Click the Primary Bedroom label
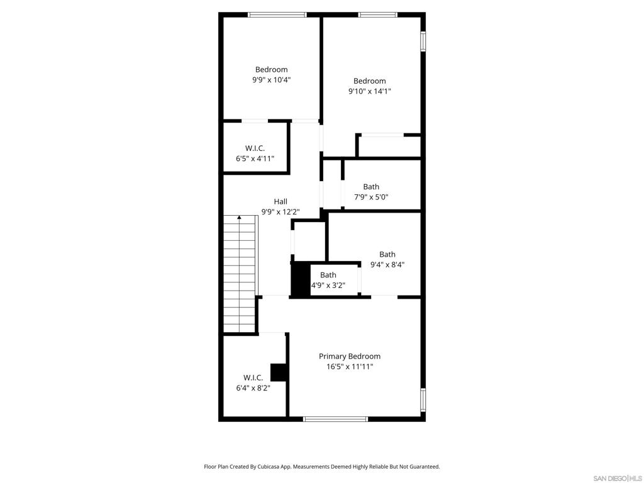tap(350, 356)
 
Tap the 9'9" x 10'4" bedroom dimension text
tap(272, 80)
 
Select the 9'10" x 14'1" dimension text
tap(370, 91)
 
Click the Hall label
tap(280, 201)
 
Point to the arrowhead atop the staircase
tap(239, 217)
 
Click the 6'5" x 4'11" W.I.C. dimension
tap(255, 158)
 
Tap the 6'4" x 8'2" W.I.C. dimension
tap(253, 387)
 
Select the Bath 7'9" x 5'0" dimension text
tap(371, 197)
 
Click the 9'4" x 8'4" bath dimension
tap(387, 265)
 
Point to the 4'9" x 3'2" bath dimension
tap(328, 285)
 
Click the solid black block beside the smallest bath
tap(300, 279)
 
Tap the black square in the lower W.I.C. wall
tap(279, 372)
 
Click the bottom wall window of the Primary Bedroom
tap(335, 419)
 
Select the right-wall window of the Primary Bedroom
tap(423, 399)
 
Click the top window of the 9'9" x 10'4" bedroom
tap(277, 15)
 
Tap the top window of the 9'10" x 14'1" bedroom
tap(378, 15)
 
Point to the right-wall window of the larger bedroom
tap(423, 42)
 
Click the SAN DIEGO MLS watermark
tap(618, 479)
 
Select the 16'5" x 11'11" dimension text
tap(350, 367)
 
